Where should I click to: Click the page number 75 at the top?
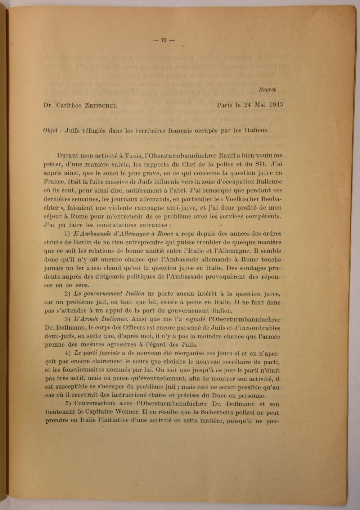click(x=164, y=40)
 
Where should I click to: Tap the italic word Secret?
click(x=267, y=90)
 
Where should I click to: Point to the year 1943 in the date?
click(x=275, y=105)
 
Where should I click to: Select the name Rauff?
click(x=226, y=156)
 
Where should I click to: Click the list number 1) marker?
click(x=67, y=234)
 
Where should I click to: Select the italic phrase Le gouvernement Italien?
click(x=109, y=294)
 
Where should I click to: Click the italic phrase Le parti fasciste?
click(x=97, y=353)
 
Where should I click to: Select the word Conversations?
click(x=95, y=404)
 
